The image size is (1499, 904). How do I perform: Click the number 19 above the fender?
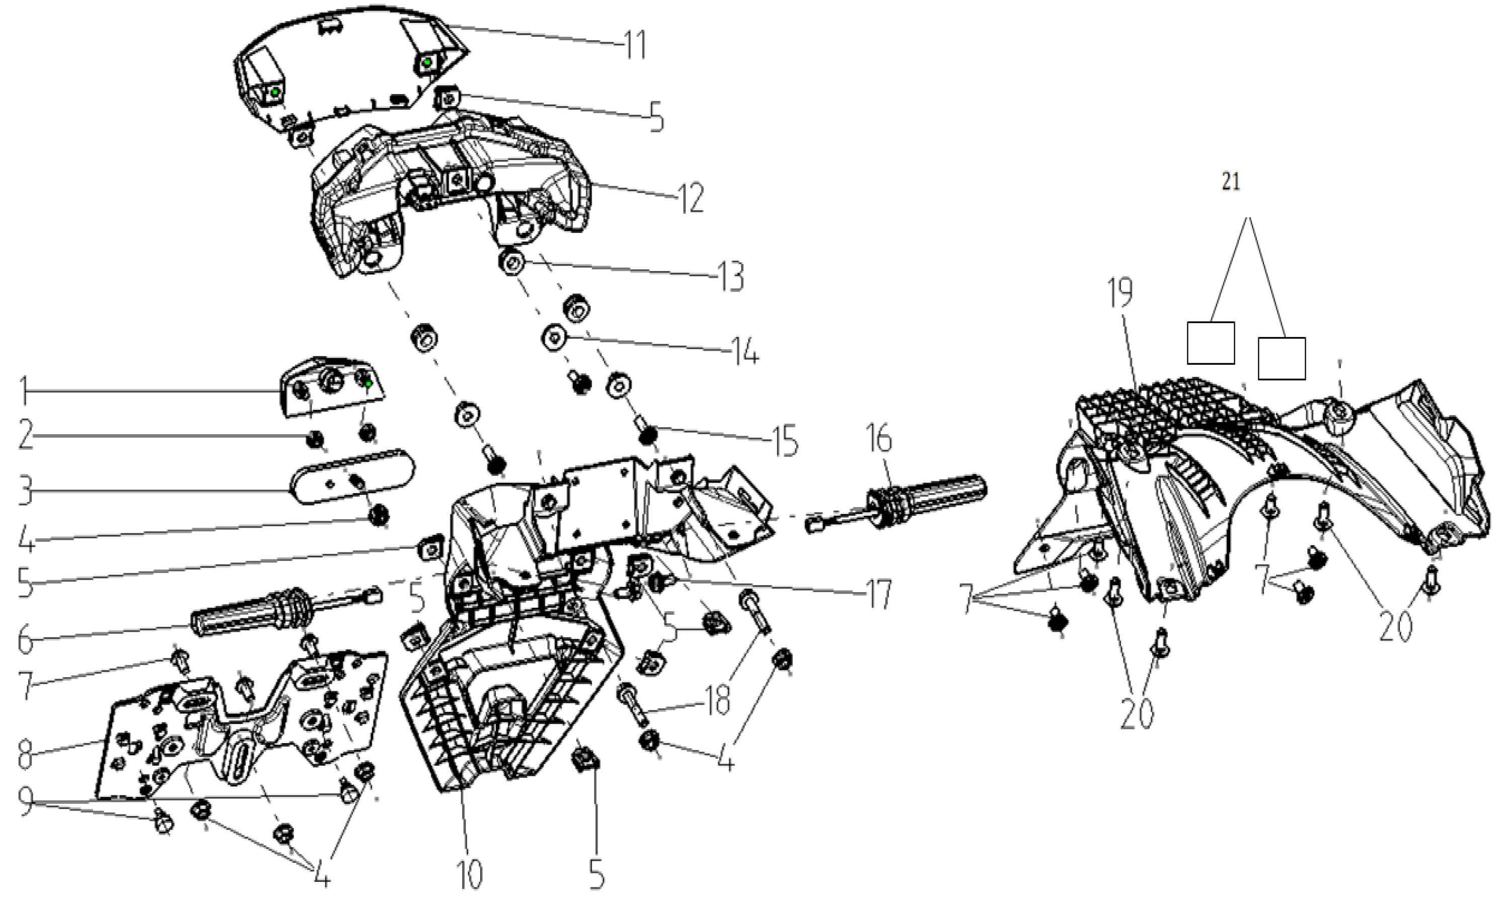[1120, 293]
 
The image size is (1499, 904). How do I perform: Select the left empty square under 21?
[1211, 343]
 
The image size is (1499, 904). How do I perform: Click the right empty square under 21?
[1281, 359]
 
